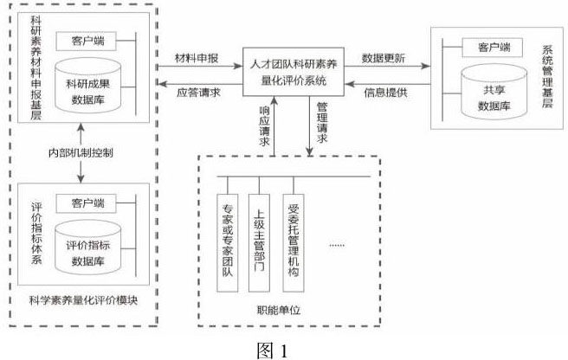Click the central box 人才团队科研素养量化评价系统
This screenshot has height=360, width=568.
(293, 72)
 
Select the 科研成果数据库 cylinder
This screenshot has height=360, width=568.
(87, 86)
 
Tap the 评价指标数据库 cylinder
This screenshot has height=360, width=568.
(87, 247)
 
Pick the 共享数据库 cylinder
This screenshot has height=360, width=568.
(494, 92)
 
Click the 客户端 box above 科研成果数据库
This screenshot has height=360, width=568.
(86, 41)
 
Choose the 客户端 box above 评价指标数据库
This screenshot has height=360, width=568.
(86, 203)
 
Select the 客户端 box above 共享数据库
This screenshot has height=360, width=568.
(493, 48)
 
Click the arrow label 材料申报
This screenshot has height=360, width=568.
(197, 58)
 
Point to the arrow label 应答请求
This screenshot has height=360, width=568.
(198, 93)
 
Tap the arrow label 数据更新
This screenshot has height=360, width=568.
(384, 58)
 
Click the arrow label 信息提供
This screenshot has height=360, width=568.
(386, 93)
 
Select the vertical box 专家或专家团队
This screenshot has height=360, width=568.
(228, 242)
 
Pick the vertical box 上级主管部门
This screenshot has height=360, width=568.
(259, 242)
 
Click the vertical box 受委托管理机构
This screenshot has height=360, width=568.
(293, 242)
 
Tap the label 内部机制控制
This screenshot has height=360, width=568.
(81, 152)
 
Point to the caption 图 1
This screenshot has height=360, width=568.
(272, 350)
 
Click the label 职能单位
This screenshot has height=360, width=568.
(279, 310)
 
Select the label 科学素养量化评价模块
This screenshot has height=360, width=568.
(83, 300)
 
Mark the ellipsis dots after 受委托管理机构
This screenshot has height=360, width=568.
(337, 246)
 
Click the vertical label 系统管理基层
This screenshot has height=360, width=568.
(547, 77)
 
